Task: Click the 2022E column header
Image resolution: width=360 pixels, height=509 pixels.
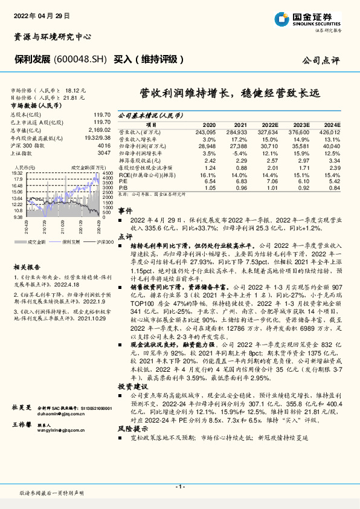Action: click(x=270, y=123)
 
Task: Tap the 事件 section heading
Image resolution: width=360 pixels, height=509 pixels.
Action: click(x=125, y=211)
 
